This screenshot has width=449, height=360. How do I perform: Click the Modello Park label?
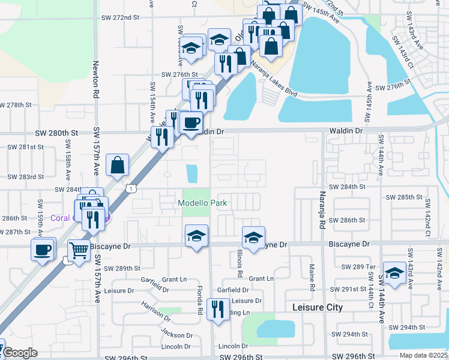click(202, 203)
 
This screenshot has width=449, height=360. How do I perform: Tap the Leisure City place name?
click(317, 307)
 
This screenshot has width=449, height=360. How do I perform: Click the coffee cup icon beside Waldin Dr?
click(191, 123)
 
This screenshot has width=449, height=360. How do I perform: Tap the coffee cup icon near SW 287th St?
click(43, 249)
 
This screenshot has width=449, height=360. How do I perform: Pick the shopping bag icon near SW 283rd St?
click(118, 164)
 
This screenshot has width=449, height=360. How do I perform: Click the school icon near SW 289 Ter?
click(394, 272)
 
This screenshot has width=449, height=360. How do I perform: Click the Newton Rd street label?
click(95, 80)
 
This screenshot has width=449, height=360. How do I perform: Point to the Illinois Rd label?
click(240, 263)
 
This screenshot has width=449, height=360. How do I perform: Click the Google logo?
click(20, 353)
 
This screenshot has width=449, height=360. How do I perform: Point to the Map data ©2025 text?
click(424, 355)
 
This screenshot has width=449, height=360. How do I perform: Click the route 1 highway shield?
click(130, 188)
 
